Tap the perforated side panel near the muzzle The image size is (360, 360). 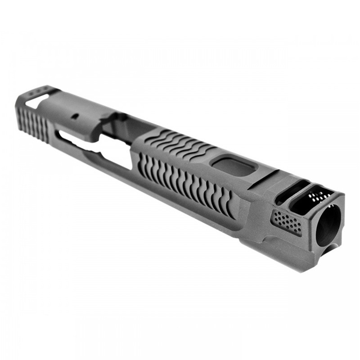287,222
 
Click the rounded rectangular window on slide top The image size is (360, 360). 234,167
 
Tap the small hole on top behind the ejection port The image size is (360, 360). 75,116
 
